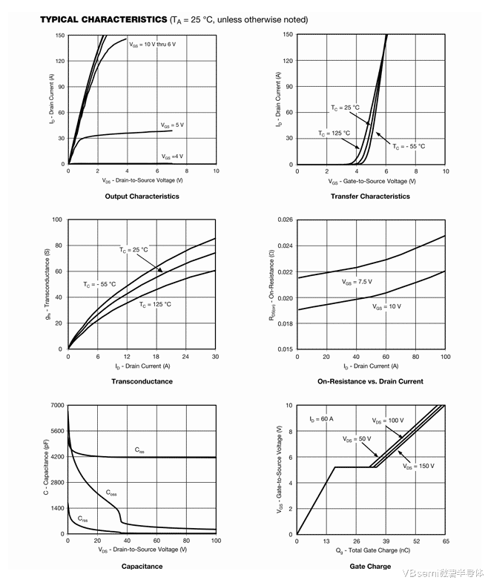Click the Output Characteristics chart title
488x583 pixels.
click(142, 197)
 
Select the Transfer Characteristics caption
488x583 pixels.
click(370, 197)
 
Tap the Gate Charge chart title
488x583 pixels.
click(370, 567)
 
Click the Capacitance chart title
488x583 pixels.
click(142, 567)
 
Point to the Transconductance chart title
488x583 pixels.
click(142, 381)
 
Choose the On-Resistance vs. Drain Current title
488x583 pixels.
click(370, 381)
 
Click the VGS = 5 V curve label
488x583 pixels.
click(172, 125)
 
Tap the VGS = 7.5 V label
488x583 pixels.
click(357, 282)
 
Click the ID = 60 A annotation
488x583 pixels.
click(321, 419)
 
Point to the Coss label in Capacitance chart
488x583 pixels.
click(111, 493)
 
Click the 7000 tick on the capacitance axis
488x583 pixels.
click(56, 406)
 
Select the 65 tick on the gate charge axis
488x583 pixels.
click(445, 541)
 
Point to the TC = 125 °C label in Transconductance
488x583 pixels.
click(155, 304)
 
